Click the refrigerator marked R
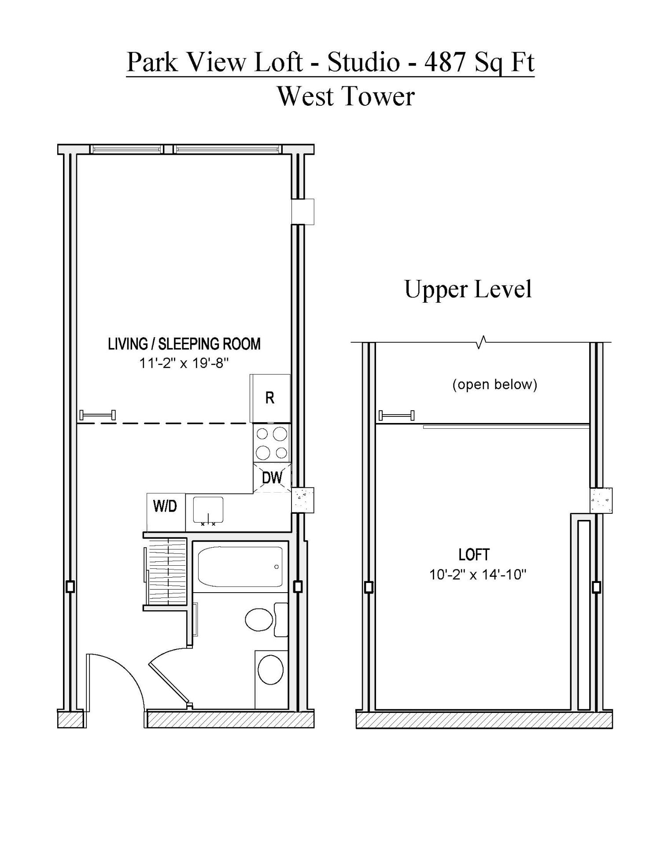[x=270, y=398]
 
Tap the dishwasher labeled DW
[x=272, y=478]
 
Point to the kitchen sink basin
[x=208, y=510]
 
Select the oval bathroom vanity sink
[x=270, y=669]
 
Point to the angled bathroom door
[x=170, y=683]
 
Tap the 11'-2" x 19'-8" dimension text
[x=184, y=364]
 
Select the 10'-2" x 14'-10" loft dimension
[x=478, y=575]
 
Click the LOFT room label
[x=474, y=555]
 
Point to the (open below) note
[x=494, y=384]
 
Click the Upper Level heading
[x=468, y=289]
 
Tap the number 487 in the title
[x=445, y=62]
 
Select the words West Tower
[x=346, y=96]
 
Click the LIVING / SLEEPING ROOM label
[x=184, y=344]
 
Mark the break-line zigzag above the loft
[x=482, y=342]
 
